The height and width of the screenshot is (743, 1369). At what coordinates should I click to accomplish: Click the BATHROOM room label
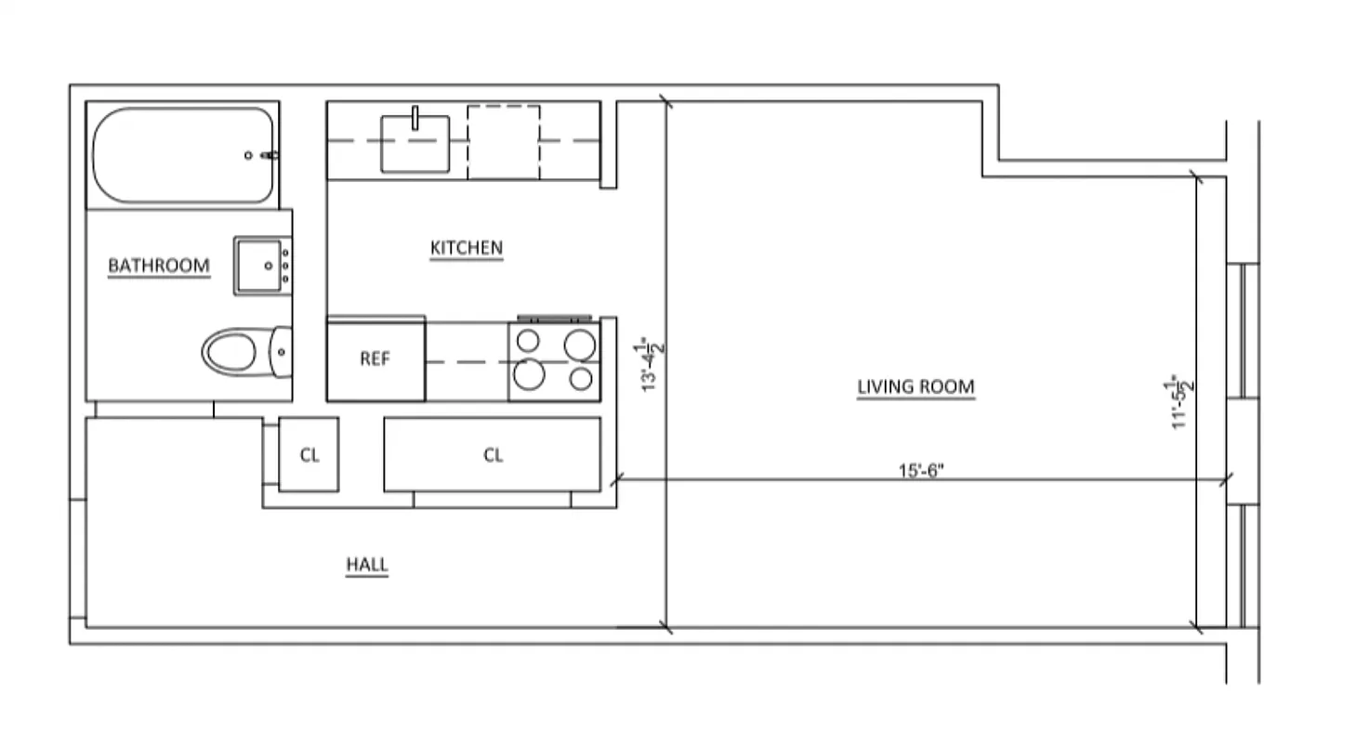pyautogui.click(x=159, y=266)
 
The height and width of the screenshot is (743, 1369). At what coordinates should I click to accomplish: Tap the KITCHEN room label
pyautogui.click(x=466, y=248)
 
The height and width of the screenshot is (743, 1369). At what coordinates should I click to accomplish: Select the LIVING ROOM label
pyautogui.click(x=915, y=386)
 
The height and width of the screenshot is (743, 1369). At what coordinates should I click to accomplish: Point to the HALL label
pyautogui.click(x=366, y=565)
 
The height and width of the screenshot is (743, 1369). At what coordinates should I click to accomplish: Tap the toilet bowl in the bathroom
pyautogui.click(x=230, y=353)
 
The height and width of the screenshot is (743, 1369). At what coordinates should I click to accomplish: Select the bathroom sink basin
pyautogui.click(x=259, y=265)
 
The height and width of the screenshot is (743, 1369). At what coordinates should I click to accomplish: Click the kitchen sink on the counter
pyautogui.click(x=415, y=144)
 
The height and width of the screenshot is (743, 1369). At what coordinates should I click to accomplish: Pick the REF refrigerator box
pyautogui.click(x=375, y=359)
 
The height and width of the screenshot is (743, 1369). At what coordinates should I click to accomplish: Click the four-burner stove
pyautogui.click(x=554, y=360)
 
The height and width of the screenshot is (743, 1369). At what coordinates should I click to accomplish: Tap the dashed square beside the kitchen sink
pyautogui.click(x=503, y=141)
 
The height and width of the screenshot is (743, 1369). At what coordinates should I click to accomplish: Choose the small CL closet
pyautogui.click(x=309, y=455)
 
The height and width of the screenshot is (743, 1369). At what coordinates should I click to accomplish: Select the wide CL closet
pyautogui.click(x=493, y=455)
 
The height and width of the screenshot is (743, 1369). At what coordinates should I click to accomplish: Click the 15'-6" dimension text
pyautogui.click(x=920, y=470)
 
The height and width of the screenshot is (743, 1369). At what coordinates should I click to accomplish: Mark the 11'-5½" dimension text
pyautogui.click(x=1180, y=401)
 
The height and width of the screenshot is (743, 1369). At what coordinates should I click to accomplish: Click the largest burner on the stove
pyautogui.click(x=529, y=374)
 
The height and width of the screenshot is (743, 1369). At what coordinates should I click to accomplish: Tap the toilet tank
pyautogui.click(x=281, y=353)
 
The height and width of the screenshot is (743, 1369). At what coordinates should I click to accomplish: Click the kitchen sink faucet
pyautogui.click(x=415, y=116)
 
